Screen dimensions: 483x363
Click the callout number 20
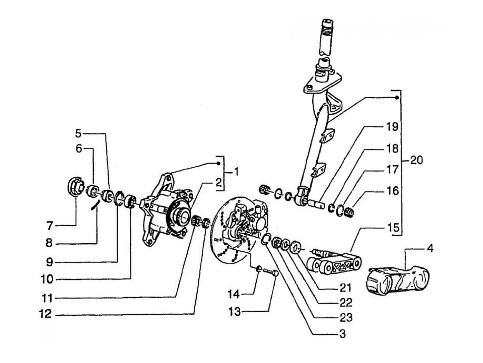tap(416, 160)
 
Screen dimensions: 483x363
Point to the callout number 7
tap(49, 226)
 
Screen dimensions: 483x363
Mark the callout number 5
tap(79, 134)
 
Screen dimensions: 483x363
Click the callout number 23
tap(346, 317)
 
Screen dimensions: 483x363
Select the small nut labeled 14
tap(259, 269)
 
